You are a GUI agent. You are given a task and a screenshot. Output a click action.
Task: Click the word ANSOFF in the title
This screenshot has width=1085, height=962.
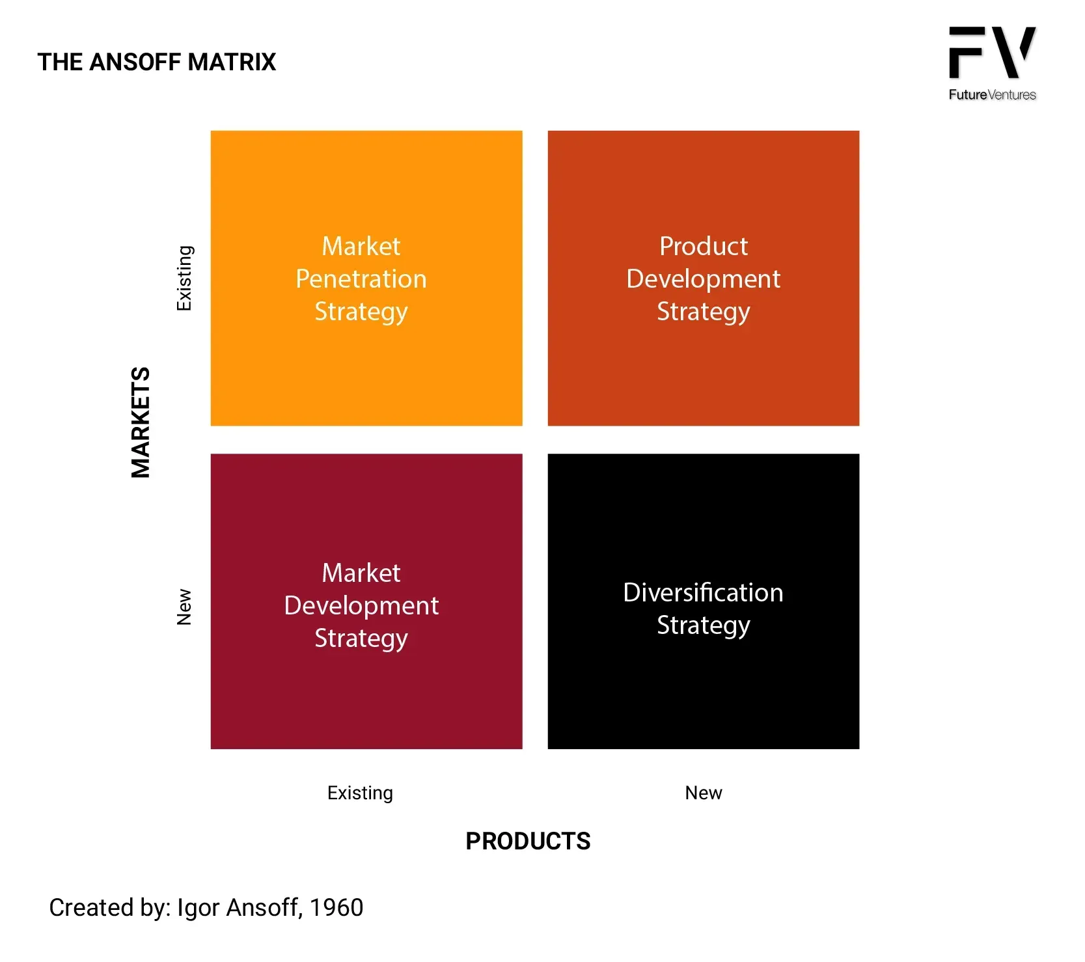(x=135, y=62)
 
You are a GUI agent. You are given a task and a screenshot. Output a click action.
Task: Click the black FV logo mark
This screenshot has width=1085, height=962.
(x=992, y=52)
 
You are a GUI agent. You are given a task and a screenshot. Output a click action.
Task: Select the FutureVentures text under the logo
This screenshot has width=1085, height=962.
(x=992, y=94)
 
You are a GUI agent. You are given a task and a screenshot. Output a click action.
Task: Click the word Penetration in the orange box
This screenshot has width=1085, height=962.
(x=361, y=279)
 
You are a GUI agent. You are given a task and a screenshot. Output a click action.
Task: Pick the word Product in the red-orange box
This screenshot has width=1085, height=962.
(x=704, y=246)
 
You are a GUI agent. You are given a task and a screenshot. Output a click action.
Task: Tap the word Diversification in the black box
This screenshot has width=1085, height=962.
(x=704, y=592)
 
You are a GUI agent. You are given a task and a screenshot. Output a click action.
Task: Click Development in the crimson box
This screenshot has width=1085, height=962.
(x=361, y=606)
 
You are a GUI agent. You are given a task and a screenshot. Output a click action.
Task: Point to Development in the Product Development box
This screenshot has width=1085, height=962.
(x=704, y=279)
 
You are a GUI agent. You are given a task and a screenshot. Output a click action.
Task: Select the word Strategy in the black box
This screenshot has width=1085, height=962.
(x=704, y=625)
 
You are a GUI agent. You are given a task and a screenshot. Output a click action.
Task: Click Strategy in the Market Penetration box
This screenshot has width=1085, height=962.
(x=361, y=312)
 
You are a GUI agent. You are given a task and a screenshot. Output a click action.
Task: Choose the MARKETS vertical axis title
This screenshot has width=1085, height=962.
(x=141, y=422)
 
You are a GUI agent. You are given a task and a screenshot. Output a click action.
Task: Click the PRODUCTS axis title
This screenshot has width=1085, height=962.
(x=528, y=841)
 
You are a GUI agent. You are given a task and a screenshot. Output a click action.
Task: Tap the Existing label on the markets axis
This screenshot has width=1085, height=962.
(x=185, y=278)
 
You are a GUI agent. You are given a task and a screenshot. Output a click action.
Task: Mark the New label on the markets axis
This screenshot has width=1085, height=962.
(x=184, y=607)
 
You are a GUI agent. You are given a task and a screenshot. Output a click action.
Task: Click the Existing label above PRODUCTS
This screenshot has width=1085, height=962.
(x=360, y=793)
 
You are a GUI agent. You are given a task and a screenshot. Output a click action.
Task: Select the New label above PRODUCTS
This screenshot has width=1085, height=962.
(x=704, y=793)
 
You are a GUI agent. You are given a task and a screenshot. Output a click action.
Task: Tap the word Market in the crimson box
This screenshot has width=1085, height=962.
(x=361, y=573)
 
